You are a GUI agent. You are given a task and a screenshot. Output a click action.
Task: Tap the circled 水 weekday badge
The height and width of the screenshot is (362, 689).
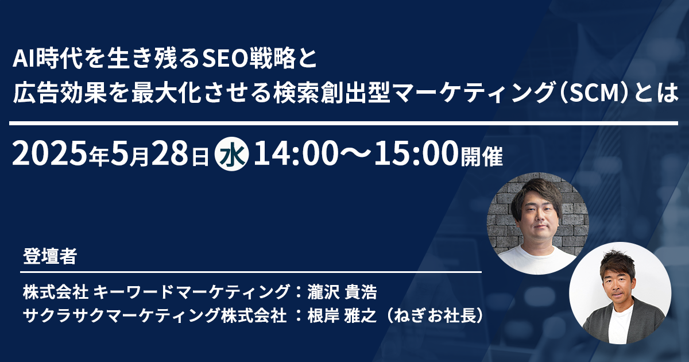[231, 154]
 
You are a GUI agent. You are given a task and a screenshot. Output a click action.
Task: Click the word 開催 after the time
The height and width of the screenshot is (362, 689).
[482, 156]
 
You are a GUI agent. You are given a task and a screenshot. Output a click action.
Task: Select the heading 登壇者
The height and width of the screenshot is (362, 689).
[50, 256]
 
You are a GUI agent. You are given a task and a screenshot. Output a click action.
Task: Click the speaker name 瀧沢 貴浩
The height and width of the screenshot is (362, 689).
[342, 292]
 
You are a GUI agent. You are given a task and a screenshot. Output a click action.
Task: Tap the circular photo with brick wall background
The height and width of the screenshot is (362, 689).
[537, 224]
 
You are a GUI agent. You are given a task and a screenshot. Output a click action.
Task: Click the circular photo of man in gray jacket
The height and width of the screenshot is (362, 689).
[620, 293]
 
